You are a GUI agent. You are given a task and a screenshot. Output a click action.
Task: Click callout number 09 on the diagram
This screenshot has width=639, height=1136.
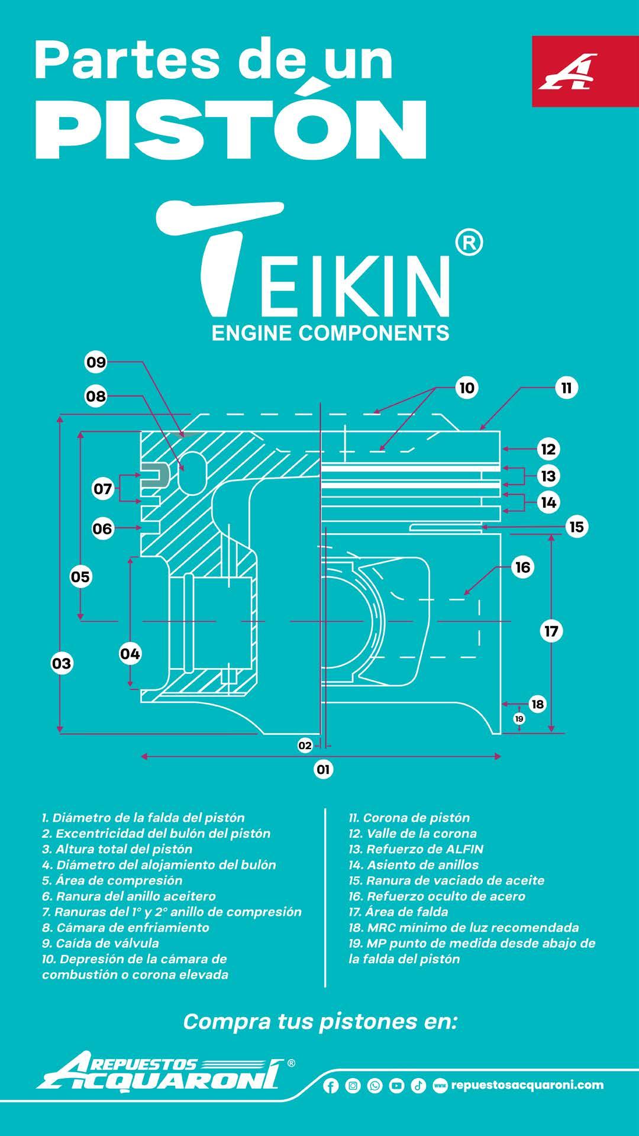coord(96,362)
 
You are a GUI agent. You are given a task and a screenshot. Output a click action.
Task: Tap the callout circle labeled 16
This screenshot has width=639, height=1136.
coord(522,567)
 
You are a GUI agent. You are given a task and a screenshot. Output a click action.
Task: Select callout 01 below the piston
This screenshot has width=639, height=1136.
coord(323,769)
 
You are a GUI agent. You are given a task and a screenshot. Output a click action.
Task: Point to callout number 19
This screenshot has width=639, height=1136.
coord(519,718)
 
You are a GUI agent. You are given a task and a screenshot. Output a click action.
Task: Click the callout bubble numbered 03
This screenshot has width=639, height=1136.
coord(62,663)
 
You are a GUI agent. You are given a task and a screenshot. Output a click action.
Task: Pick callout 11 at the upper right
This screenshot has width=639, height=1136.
coord(566,388)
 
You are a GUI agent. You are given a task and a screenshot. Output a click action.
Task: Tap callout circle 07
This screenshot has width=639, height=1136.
coord(102,489)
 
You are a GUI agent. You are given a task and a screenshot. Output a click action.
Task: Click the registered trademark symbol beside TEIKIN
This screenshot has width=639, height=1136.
coord(470,243)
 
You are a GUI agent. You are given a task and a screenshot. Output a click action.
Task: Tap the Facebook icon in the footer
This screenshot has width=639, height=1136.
coord(331,1086)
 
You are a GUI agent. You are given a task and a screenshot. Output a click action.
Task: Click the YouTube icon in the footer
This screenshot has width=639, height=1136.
coord(396,1086)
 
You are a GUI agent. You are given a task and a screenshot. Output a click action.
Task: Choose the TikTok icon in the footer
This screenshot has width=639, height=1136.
coord(418,1086)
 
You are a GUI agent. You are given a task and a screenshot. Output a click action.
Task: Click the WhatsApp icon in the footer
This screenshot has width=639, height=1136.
coord(375,1086)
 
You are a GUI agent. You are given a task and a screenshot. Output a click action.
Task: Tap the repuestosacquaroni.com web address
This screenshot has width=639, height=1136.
coord(527,1085)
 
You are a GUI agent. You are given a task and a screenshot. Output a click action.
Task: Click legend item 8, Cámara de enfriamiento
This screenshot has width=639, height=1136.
coord(125,927)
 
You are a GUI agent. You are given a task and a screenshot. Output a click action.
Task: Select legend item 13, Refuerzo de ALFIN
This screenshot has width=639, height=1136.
coord(416,849)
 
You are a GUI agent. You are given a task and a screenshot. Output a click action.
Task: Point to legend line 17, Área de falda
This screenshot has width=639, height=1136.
coord(398,912)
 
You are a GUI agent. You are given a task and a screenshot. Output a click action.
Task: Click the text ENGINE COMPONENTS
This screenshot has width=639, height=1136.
coord(330,333)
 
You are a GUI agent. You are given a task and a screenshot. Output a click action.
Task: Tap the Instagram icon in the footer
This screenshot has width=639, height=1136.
coord(353,1086)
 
